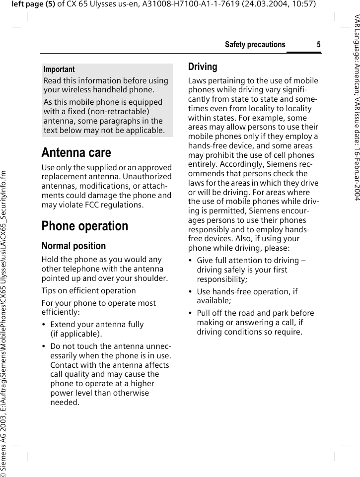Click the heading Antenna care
pos(76,152)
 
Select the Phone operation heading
pos(85,226)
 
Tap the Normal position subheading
pos(73,246)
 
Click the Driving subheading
pos(203,67)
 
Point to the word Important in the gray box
pos(59,69)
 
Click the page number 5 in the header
pos(318,45)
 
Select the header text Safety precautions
pos(255,45)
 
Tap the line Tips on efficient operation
pos(88,291)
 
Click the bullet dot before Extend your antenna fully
pos(44,325)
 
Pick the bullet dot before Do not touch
pos(44,346)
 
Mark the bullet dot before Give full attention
pos(190,261)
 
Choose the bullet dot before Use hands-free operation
pos(190,292)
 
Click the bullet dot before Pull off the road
pos(190,313)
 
